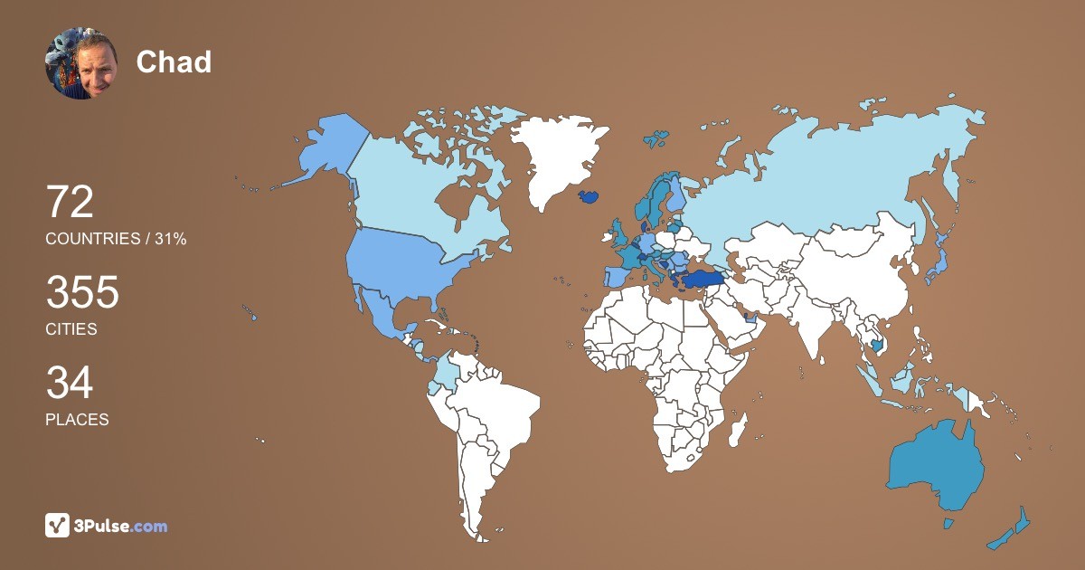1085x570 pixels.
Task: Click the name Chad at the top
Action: click(x=174, y=62)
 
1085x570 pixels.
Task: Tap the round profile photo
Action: click(x=81, y=63)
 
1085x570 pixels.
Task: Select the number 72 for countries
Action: click(x=70, y=202)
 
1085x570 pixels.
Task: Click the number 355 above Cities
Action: click(x=82, y=293)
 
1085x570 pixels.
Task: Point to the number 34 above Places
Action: click(x=70, y=384)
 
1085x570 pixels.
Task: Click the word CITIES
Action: click(x=71, y=329)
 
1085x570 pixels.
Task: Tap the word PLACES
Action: click(x=77, y=420)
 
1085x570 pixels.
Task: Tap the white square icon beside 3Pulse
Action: click(x=58, y=525)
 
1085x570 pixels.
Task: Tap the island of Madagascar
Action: click(x=739, y=428)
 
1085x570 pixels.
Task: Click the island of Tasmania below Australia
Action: click(x=948, y=523)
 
